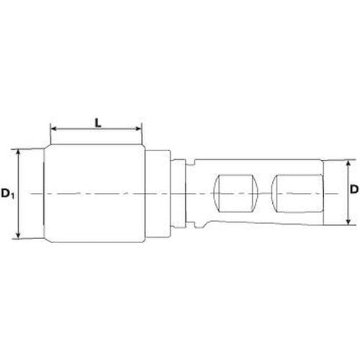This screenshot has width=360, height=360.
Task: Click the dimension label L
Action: coord(98,123)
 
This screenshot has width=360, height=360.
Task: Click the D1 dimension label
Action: coord(8,194)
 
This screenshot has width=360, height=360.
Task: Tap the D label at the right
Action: coord(354,189)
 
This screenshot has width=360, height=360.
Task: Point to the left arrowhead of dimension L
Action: coord(54,129)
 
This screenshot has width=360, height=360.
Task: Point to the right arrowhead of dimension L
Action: coord(139,129)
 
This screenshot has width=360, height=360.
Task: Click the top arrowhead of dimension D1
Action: coord(18,153)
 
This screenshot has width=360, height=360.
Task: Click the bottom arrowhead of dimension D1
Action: coord(18,235)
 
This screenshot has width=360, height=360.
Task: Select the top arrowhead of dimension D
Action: coord(349,163)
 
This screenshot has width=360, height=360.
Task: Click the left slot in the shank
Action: coord(235,194)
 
